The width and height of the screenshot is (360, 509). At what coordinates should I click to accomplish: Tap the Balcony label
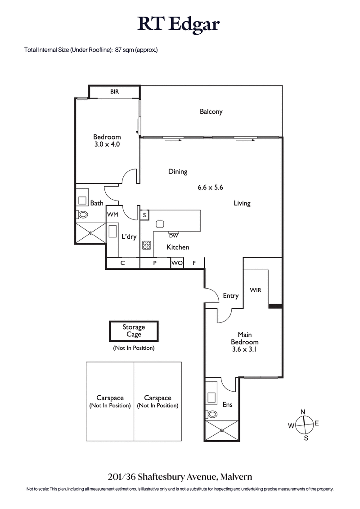click(x=211, y=112)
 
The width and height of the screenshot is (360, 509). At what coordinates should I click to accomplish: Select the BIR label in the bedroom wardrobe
click(x=114, y=92)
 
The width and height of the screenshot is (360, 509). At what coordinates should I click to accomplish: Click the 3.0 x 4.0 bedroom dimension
click(x=107, y=145)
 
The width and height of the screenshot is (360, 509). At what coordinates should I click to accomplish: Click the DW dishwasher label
click(x=173, y=235)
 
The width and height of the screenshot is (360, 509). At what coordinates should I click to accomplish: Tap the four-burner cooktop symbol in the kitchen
click(x=147, y=245)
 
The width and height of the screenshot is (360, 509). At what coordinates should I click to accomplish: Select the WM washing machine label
click(x=112, y=215)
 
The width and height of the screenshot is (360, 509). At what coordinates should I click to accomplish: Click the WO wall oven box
click(x=177, y=263)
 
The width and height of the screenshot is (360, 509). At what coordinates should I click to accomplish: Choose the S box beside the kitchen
click(x=144, y=215)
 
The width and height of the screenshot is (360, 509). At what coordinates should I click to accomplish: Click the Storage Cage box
click(x=134, y=331)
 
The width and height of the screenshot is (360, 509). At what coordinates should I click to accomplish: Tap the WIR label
click(x=256, y=290)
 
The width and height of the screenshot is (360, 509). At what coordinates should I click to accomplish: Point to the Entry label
click(x=230, y=295)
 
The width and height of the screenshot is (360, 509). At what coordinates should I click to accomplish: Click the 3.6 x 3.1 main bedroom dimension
click(x=244, y=348)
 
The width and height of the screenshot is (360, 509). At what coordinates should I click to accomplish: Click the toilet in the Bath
click(x=83, y=214)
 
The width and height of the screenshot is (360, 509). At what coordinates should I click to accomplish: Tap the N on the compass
click(x=303, y=412)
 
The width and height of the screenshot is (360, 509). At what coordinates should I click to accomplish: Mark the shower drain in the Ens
click(x=221, y=430)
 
